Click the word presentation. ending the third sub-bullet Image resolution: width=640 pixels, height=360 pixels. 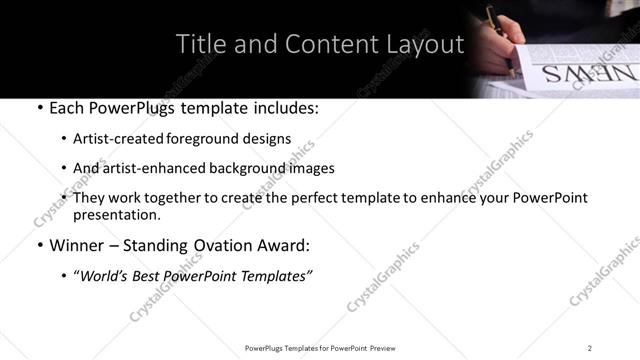116,214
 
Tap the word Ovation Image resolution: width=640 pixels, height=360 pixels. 235,244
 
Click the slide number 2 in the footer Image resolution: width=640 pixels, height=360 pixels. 590,347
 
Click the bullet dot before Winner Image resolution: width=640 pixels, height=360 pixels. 38,245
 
